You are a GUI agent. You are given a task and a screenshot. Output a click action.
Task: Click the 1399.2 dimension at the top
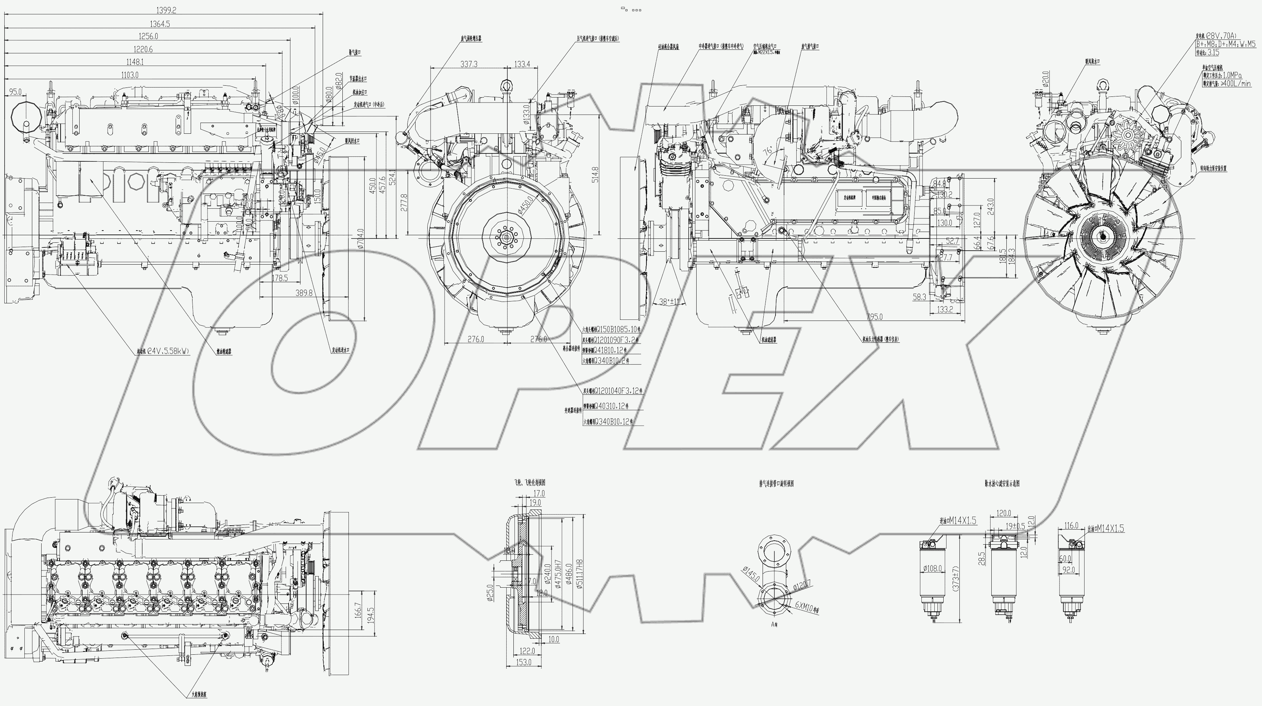click(x=166, y=10)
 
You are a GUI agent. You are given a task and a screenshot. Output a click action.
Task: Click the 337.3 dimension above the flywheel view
click(x=469, y=64)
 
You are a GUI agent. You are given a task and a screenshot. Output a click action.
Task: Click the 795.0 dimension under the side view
click(x=874, y=317)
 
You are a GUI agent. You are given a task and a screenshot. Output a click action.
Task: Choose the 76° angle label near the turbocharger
click(x=767, y=150)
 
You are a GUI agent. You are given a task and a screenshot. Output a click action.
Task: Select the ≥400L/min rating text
click(x=1234, y=84)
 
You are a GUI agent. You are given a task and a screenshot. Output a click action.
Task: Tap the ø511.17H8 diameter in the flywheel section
click(x=580, y=573)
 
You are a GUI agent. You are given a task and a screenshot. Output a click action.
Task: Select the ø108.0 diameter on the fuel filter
click(x=933, y=568)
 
